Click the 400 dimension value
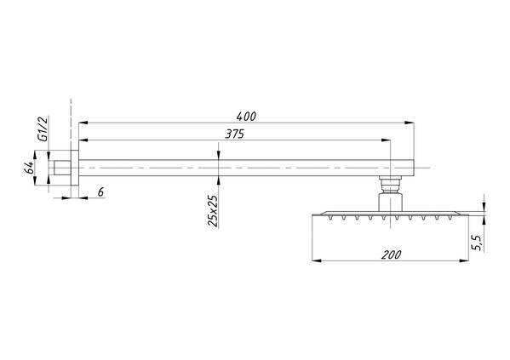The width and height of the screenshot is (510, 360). click(246, 117)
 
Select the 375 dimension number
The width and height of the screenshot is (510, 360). click(234, 134)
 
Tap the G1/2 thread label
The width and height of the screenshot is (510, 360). click(43, 129)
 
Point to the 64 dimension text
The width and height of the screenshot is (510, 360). click(29, 168)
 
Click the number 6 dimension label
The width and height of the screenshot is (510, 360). click(100, 192)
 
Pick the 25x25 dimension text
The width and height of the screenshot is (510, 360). click(212, 211)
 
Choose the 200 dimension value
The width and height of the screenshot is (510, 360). click(392, 254)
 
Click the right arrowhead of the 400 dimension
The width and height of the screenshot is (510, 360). click(410, 123)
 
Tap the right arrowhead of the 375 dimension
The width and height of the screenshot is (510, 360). click(386, 140)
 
